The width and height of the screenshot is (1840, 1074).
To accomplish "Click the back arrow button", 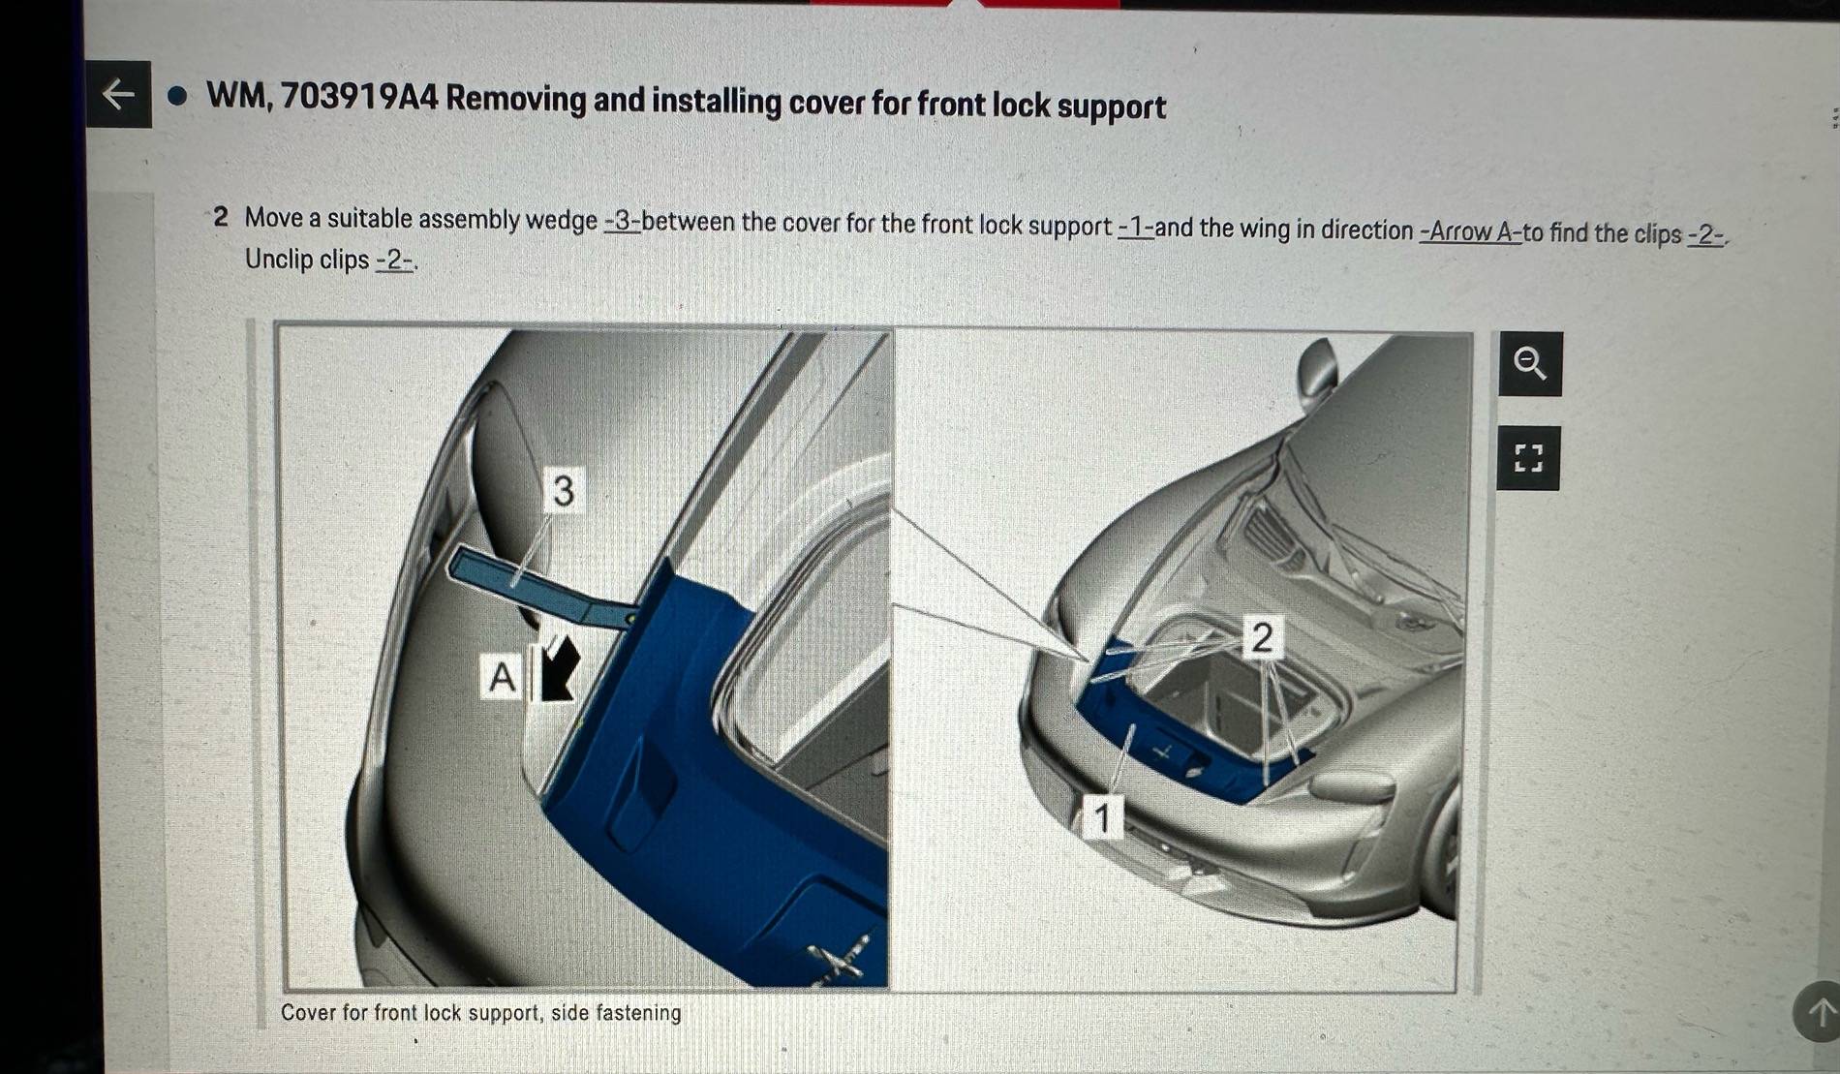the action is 118,94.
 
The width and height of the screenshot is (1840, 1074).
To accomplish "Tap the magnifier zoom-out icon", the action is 1530,363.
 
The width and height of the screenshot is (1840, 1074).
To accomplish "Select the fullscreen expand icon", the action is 1528,457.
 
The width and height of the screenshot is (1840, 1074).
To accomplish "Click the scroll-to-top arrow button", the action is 1820,1012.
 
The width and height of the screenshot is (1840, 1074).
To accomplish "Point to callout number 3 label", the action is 563,490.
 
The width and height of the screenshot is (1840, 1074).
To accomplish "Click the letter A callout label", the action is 502,676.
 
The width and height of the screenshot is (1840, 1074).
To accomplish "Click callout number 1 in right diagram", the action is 1102,816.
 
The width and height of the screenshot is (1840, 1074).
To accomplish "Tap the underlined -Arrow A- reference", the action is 1469,232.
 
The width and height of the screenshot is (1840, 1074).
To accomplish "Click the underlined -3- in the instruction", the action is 622,221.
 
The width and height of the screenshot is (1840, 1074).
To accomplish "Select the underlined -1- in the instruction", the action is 1135,228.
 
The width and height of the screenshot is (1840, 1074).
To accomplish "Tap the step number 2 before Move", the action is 221,217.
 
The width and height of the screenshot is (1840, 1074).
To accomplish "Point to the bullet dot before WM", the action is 177,96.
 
